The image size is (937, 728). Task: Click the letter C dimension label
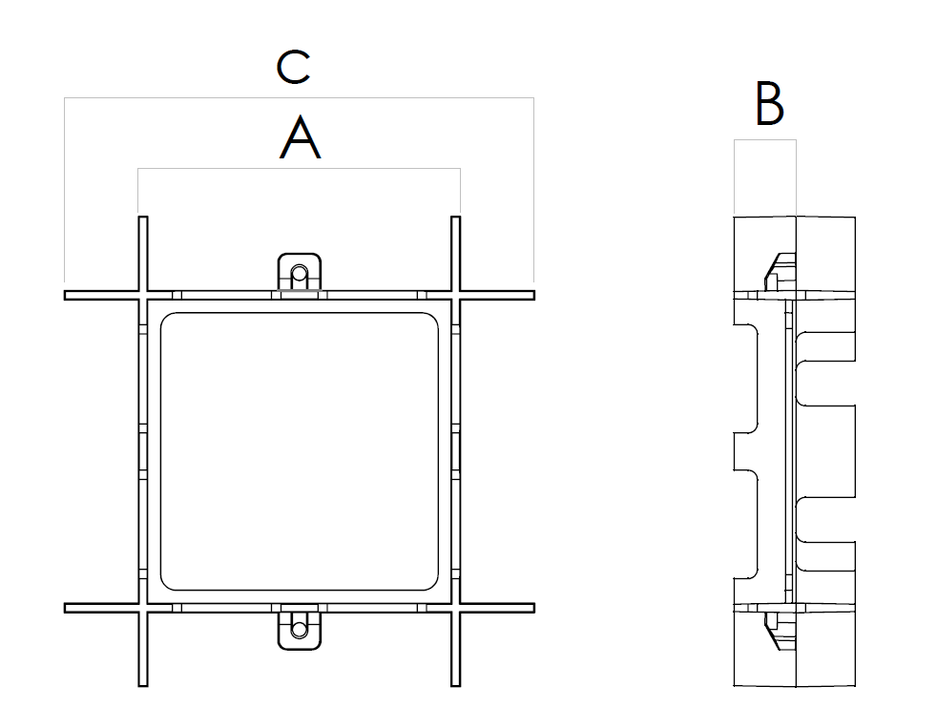pyautogui.click(x=293, y=68)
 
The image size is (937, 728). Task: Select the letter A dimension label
pyautogui.click(x=301, y=139)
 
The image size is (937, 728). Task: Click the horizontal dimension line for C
pyautogui.click(x=298, y=98)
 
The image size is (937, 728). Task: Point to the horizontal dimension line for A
pyautogui.click(x=300, y=169)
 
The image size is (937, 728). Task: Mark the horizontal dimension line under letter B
pyautogui.click(x=764, y=140)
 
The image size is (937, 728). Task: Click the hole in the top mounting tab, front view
pyautogui.click(x=300, y=273)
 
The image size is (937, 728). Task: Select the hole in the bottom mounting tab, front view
pyautogui.click(x=300, y=629)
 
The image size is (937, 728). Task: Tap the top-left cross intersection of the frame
pyautogui.click(x=143, y=295)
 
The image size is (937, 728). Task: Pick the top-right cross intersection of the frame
pyautogui.click(x=455, y=295)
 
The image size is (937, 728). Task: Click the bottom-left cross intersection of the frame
pyautogui.click(x=143, y=608)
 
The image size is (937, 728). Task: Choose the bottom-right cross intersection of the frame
pyautogui.click(x=455, y=608)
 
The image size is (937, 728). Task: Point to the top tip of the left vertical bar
pyautogui.click(x=143, y=219)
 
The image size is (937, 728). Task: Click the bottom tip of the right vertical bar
pyautogui.click(x=455, y=683)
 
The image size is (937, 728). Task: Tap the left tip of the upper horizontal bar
pyautogui.click(x=68, y=295)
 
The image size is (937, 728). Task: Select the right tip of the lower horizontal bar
pyautogui.click(x=531, y=608)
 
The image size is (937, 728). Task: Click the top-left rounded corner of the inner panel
pyautogui.click(x=168, y=320)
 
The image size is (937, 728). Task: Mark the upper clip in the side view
pyautogui.click(x=778, y=271)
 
